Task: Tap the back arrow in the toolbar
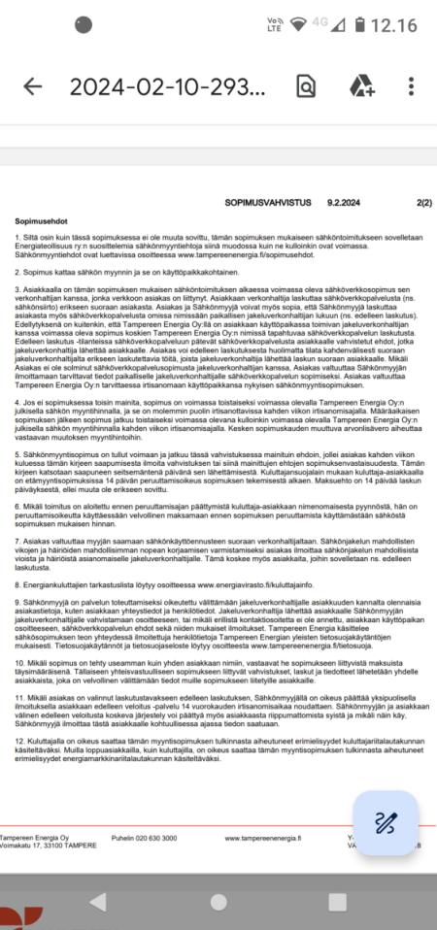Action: pyautogui.click(x=33, y=85)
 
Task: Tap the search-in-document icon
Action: pyautogui.click(x=305, y=85)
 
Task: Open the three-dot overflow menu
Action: pyautogui.click(x=412, y=85)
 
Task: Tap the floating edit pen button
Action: pyautogui.click(x=385, y=822)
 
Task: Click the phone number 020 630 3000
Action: pyautogui.click(x=144, y=838)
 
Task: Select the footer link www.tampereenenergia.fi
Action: pyautogui.click(x=258, y=838)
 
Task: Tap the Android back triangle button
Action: pyautogui.click(x=97, y=902)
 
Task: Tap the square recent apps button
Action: pyautogui.click(x=339, y=902)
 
